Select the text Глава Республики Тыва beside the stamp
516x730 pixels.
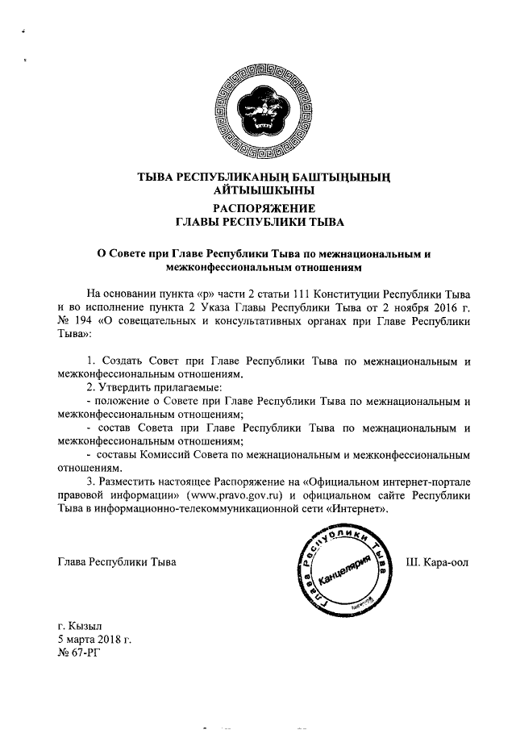[x=116, y=561]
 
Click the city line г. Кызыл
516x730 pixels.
[x=80, y=626]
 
